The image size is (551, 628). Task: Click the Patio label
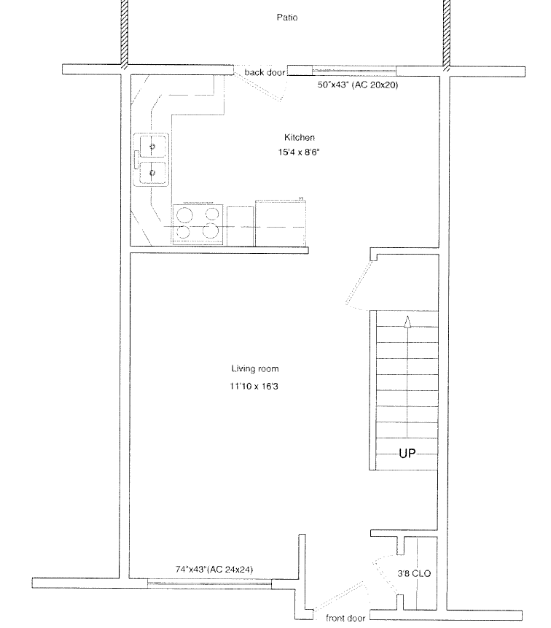[287, 18]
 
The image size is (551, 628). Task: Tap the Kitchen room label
[300, 137]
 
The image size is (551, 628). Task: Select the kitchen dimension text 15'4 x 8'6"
[299, 152]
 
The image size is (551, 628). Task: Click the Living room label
[255, 368]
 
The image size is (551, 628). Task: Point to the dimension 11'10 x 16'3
[254, 386]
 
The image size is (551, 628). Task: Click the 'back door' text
[265, 72]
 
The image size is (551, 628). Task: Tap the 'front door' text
[345, 618]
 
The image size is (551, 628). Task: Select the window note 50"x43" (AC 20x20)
[358, 85]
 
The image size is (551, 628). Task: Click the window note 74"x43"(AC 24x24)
[214, 569]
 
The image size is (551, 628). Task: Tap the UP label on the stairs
[407, 454]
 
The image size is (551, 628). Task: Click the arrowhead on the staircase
[407, 322]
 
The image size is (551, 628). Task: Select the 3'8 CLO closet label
[414, 573]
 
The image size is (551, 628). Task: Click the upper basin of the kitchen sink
[152, 147]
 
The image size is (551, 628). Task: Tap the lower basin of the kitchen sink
[152, 173]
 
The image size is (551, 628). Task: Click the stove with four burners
[198, 225]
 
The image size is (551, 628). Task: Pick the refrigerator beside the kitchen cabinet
[281, 222]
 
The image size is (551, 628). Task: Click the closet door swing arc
[380, 573]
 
